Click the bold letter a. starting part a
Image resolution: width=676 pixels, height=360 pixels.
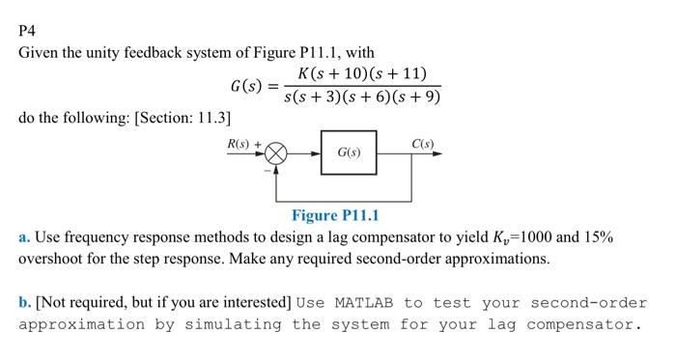click(x=24, y=236)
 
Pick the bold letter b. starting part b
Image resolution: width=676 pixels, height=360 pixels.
click(x=25, y=302)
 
